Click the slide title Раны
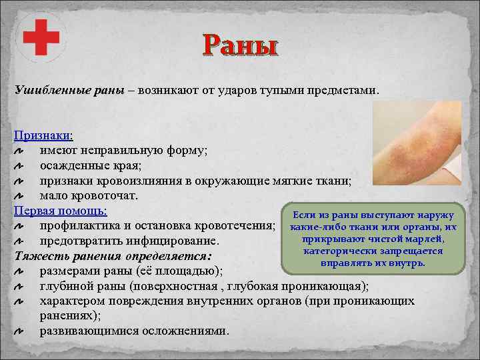[240, 47]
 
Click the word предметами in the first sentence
[343, 90]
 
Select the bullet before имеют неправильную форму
[20, 151]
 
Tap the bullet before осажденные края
[20, 166]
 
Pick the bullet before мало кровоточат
[20, 196]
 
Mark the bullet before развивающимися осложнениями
[20, 331]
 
